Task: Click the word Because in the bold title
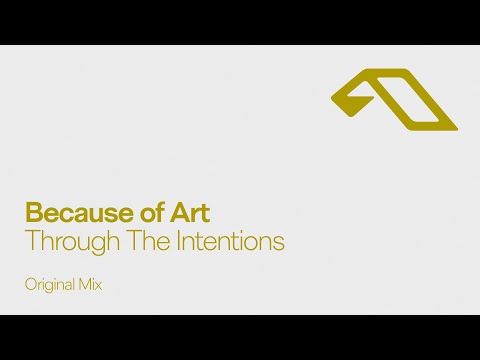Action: (x=70, y=213)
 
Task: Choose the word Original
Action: (x=51, y=285)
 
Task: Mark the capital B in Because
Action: (x=33, y=213)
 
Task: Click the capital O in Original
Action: (x=31, y=285)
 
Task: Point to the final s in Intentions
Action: (x=280, y=243)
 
